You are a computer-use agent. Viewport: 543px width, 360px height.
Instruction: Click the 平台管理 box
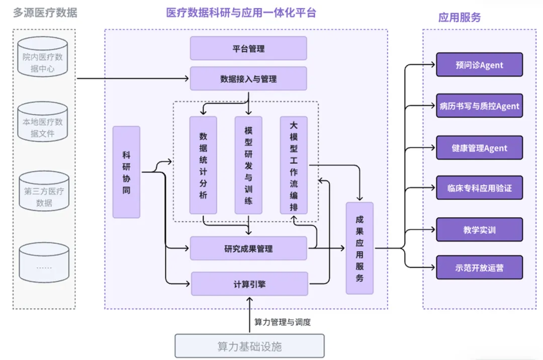248,48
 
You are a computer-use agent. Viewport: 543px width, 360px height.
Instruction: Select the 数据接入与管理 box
248,79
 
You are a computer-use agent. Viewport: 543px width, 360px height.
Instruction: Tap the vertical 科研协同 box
126,172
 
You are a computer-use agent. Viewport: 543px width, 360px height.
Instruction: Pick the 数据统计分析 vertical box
203,165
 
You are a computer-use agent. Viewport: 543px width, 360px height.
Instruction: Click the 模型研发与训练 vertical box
248,165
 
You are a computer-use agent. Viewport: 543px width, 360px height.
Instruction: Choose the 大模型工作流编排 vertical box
294,165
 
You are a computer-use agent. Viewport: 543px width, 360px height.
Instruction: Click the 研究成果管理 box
248,248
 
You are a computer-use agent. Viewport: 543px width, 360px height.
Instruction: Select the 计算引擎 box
249,284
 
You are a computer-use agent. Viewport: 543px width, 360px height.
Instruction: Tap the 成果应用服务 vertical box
359,248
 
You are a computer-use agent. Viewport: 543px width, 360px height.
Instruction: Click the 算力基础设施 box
249,346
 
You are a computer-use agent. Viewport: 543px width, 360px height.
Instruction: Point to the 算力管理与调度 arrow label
283,322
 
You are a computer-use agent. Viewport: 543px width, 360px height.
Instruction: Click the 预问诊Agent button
479,65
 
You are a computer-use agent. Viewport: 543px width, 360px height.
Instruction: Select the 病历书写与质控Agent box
479,106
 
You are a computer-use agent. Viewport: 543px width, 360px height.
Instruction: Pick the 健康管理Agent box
479,148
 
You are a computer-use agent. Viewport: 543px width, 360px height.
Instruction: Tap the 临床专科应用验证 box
479,188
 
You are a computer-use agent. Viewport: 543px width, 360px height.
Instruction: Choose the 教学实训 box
479,230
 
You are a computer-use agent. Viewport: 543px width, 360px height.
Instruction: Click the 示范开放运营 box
479,267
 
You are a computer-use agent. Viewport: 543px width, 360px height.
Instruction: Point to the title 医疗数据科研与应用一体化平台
241,13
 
